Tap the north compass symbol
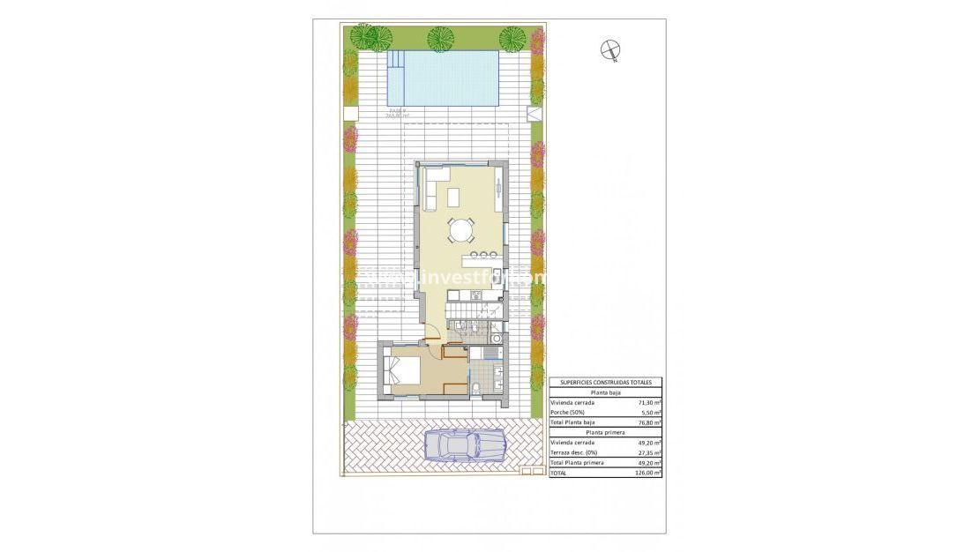click(x=610, y=50)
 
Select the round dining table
click(x=460, y=231)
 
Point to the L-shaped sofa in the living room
click(x=430, y=190)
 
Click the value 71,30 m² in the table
click(x=649, y=402)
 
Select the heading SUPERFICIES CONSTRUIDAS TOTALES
click(x=605, y=383)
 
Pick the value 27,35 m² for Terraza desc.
click(x=649, y=452)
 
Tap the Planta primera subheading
click(x=605, y=432)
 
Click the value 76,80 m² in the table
click(x=649, y=422)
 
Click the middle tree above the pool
click(x=440, y=39)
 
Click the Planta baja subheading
click(x=605, y=392)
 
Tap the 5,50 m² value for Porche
click(x=651, y=412)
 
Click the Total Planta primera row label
click(x=578, y=462)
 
